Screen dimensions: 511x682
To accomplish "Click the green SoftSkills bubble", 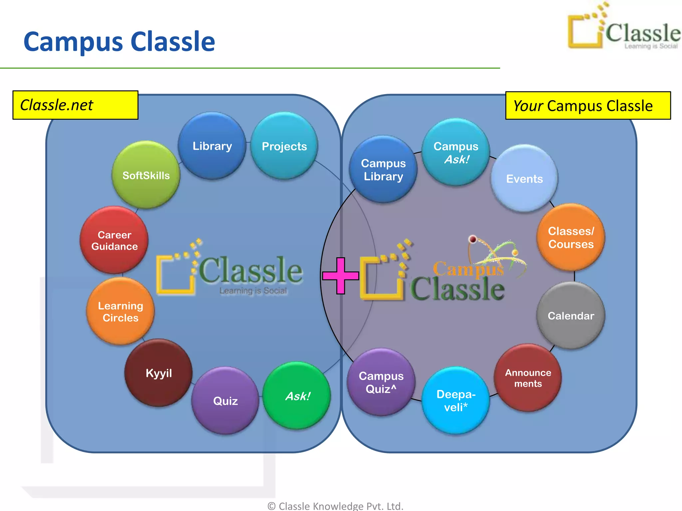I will [x=146, y=175].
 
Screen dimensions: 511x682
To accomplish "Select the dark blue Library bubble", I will [x=212, y=146].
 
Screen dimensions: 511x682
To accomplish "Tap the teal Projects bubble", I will [x=284, y=146].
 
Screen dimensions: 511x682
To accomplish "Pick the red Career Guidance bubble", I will [x=114, y=240].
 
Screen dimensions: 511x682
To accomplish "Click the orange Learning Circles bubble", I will [x=120, y=311].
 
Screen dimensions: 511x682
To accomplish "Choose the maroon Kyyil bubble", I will [x=159, y=373].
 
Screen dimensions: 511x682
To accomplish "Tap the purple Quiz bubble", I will [x=225, y=401].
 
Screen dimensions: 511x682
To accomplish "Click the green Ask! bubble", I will [x=297, y=396].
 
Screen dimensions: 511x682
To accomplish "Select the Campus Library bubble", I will [x=383, y=169].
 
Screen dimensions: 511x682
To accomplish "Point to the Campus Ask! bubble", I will [x=456, y=152].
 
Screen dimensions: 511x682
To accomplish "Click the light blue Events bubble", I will [x=524, y=179].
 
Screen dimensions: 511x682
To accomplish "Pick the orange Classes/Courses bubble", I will [x=571, y=237].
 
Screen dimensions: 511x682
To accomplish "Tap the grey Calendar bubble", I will [x=571, y=315].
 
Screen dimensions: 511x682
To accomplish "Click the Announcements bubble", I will [x=528, y=378].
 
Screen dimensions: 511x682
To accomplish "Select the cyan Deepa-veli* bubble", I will [x=456, y=400].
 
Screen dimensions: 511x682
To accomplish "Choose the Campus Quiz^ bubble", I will [x=381, y=382].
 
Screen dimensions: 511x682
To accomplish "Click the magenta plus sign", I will [x=340, y=275].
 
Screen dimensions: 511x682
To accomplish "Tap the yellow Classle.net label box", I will [x=75, y=105].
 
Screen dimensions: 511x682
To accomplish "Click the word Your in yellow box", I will [x=528, y=106].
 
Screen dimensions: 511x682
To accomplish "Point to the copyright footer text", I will [x=335, y=506].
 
